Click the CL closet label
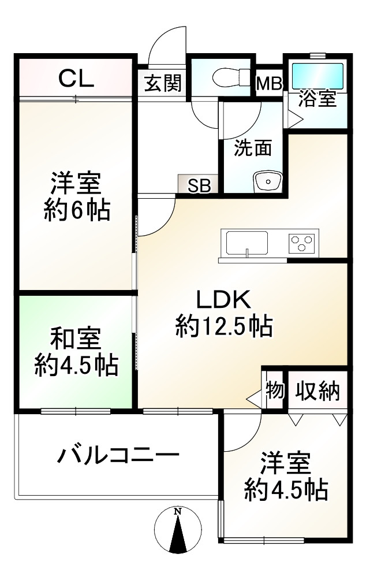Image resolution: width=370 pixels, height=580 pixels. pyautogui.click(x=76, y=78)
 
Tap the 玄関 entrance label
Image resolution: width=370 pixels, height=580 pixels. pyautogui.click(x=163, y=83)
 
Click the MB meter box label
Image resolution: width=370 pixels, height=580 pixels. pyautogui.click(x=270, y=84)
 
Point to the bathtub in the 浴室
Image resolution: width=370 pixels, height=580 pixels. pyautogui.click(x=318, y=76)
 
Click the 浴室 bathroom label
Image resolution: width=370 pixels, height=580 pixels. pyautogui.click(x=317, y=98)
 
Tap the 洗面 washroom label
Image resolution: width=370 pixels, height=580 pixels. pyautogui.click(x=253, y=148)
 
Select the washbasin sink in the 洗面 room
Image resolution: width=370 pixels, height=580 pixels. pyautogui.click(x=268, y=181)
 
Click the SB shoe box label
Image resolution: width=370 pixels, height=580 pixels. pyautogui.click(x=199, y=185)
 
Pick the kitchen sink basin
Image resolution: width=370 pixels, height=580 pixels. pyautogui.click(x=247, y=243)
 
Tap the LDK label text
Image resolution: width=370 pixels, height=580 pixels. pyautogui.click(x=223, y=299)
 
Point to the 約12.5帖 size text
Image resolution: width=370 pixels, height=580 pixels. pyautogui.click(x=224, y=326)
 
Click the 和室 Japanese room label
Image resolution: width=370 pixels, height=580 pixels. pyautogui.click(x=76, y=339)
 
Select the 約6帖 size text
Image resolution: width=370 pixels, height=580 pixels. pyautogui.click(x=77, y=210)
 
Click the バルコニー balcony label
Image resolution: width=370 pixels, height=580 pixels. pyautogui.click(x=118, y=455)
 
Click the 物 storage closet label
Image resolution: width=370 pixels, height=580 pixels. pyautogui.click(x=275, y=390)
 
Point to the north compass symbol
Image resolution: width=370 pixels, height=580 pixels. pyautogui.click(x=178, y=530)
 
